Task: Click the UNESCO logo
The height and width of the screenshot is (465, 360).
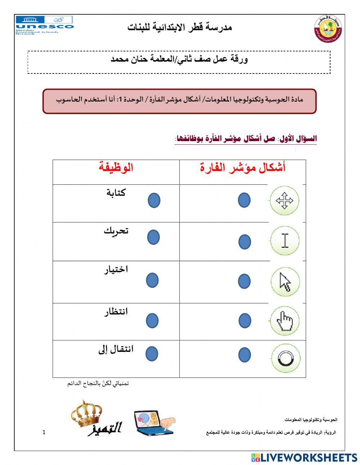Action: [x=44, y=25]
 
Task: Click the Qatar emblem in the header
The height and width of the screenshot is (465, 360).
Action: [x=327, y=29]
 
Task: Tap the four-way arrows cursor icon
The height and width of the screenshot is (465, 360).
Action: [x=284, y=201]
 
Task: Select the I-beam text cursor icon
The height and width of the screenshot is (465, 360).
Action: [x=285, y=241]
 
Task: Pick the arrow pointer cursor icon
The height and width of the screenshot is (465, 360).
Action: [x=285, y=282]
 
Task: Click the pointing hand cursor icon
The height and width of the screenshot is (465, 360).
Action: [x=284, y=320]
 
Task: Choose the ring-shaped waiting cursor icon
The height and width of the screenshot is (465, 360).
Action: [x=284, y=358]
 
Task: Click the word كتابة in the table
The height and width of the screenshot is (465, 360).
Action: [x=116, y=193]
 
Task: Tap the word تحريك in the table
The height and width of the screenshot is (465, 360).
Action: [x=116, y=231]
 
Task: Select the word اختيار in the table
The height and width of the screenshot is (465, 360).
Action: [x=116, y=269]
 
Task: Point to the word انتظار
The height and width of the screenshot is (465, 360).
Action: [x=116, y=312]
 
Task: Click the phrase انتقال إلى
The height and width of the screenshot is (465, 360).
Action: [x=116, y=349]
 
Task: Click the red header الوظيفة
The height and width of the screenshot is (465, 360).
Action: [x=116, y=167]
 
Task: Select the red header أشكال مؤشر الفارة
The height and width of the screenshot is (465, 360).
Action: [x=243, y=167]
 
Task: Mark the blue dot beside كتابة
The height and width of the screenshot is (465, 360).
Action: [x=154, y=200]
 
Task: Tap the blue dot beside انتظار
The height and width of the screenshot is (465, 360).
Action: [x=152, y=321]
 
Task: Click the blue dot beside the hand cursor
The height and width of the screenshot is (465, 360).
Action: [x=245, y=321]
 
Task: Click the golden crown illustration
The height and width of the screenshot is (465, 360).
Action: [x=86, y=414]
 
